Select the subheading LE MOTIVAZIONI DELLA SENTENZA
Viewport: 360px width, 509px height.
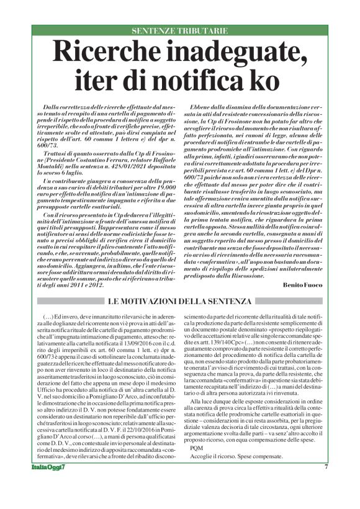tap(179, 301)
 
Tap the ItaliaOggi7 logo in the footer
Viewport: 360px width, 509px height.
tap(46, 484)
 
